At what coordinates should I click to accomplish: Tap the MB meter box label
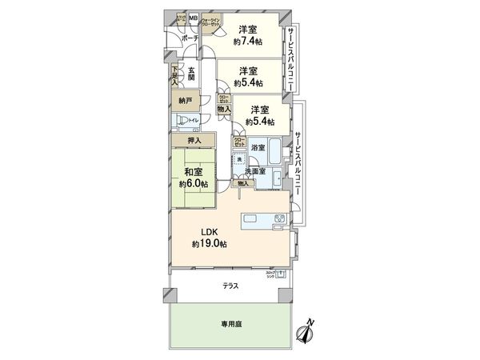(193, 17)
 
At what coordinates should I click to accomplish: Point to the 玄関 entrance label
(192, 74)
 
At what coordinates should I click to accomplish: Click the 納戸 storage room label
(185, 102)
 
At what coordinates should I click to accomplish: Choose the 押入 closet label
(194, 142)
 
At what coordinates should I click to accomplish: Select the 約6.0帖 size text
(193, 183)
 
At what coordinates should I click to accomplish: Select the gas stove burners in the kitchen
(280, 220)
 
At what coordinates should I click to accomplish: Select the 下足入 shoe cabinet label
(174, 75)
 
